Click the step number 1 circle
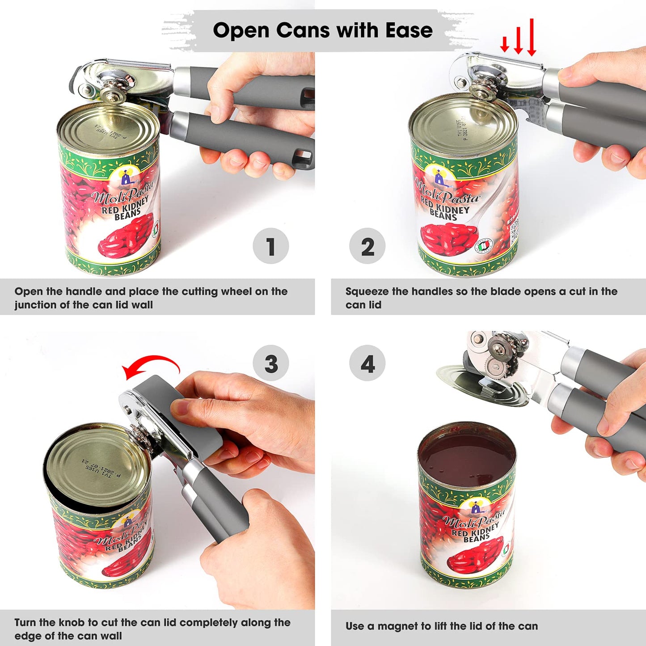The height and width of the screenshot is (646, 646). click(x=270, y=246)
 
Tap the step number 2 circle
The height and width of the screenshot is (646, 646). click(x=367, y=246)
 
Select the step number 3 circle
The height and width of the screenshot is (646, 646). click(x=270, y=363)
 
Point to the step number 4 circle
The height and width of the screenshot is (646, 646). click(x=367, y=363)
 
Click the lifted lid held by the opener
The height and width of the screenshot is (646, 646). click(x=478, y=384)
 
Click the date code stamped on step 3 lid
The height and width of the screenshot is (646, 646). click(x=101, y=467)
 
